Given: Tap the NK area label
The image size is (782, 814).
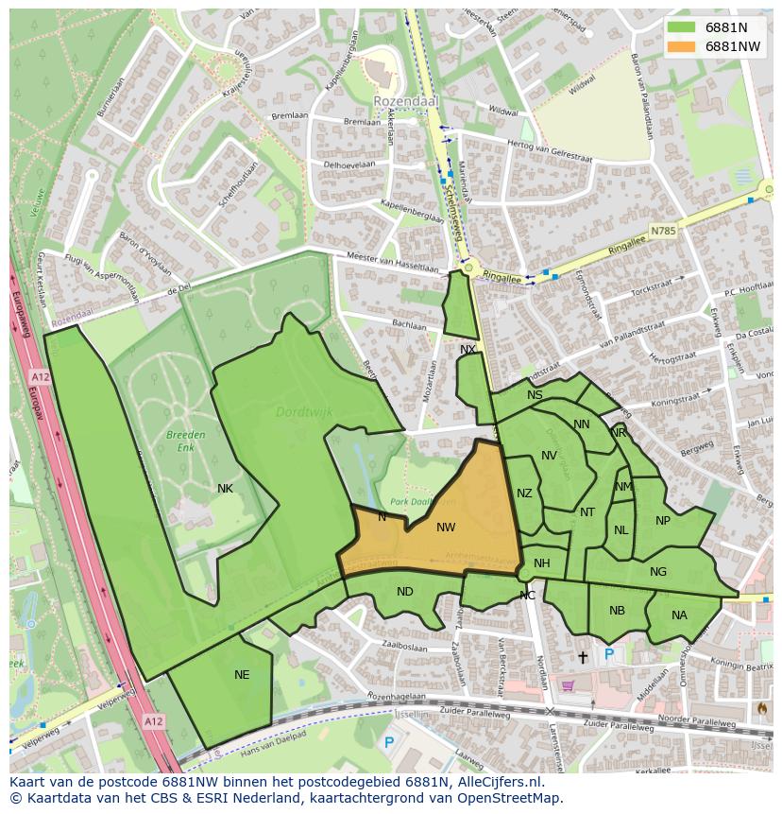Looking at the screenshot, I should pos(225,489).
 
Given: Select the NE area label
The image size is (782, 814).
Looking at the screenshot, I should pos(242,675).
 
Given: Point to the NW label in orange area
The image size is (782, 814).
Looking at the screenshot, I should pos(446,528).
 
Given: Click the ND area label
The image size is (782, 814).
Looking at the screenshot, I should pos(404,592).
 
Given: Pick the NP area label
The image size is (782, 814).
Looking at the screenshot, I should pos(663,521).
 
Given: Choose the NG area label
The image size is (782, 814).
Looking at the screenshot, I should pos(658,571).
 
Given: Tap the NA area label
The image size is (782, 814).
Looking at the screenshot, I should pos(679,615).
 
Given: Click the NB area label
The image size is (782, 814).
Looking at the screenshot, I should pos(617,611).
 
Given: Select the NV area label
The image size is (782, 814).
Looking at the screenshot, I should pos(549,456).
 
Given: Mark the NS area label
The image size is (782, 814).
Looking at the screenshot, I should pos(535,395).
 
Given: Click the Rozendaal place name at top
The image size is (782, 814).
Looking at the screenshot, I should pos(400,100).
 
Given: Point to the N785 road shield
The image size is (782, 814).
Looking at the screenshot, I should pos(664,230).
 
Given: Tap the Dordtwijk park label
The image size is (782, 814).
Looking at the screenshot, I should pos(298,412).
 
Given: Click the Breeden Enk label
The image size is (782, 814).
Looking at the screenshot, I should pos(185,441).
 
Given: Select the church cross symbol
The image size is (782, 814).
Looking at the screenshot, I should pos(582,655).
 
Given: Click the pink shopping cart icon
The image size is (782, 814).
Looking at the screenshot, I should pos(569,686).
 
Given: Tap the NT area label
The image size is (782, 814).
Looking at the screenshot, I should pos(587,512).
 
